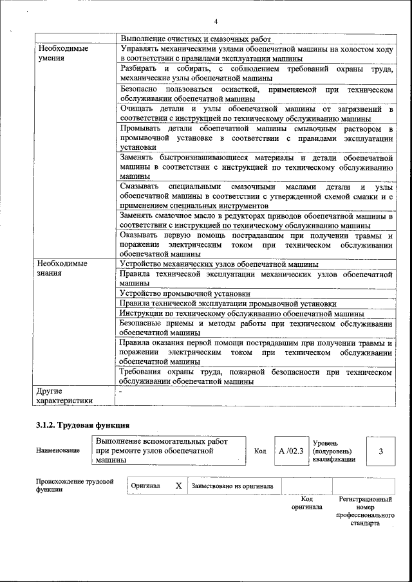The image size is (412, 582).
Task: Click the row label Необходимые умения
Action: click(62, 53)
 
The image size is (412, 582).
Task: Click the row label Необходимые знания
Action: click(62, 268)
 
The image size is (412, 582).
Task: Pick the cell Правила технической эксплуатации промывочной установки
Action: click(237, 304)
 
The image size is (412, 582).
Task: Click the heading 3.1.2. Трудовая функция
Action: click(83, 425)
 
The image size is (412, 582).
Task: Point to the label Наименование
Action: click(59, 450)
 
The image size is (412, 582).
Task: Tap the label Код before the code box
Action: click(260, 451)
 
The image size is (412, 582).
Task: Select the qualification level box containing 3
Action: click(380, 451)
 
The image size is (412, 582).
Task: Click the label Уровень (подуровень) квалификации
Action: click(333, 451)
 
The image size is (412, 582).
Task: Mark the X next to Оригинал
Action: click(178, 486)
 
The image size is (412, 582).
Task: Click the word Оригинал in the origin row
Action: click(145, 486)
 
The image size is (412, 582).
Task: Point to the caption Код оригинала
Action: click(306, 503)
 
